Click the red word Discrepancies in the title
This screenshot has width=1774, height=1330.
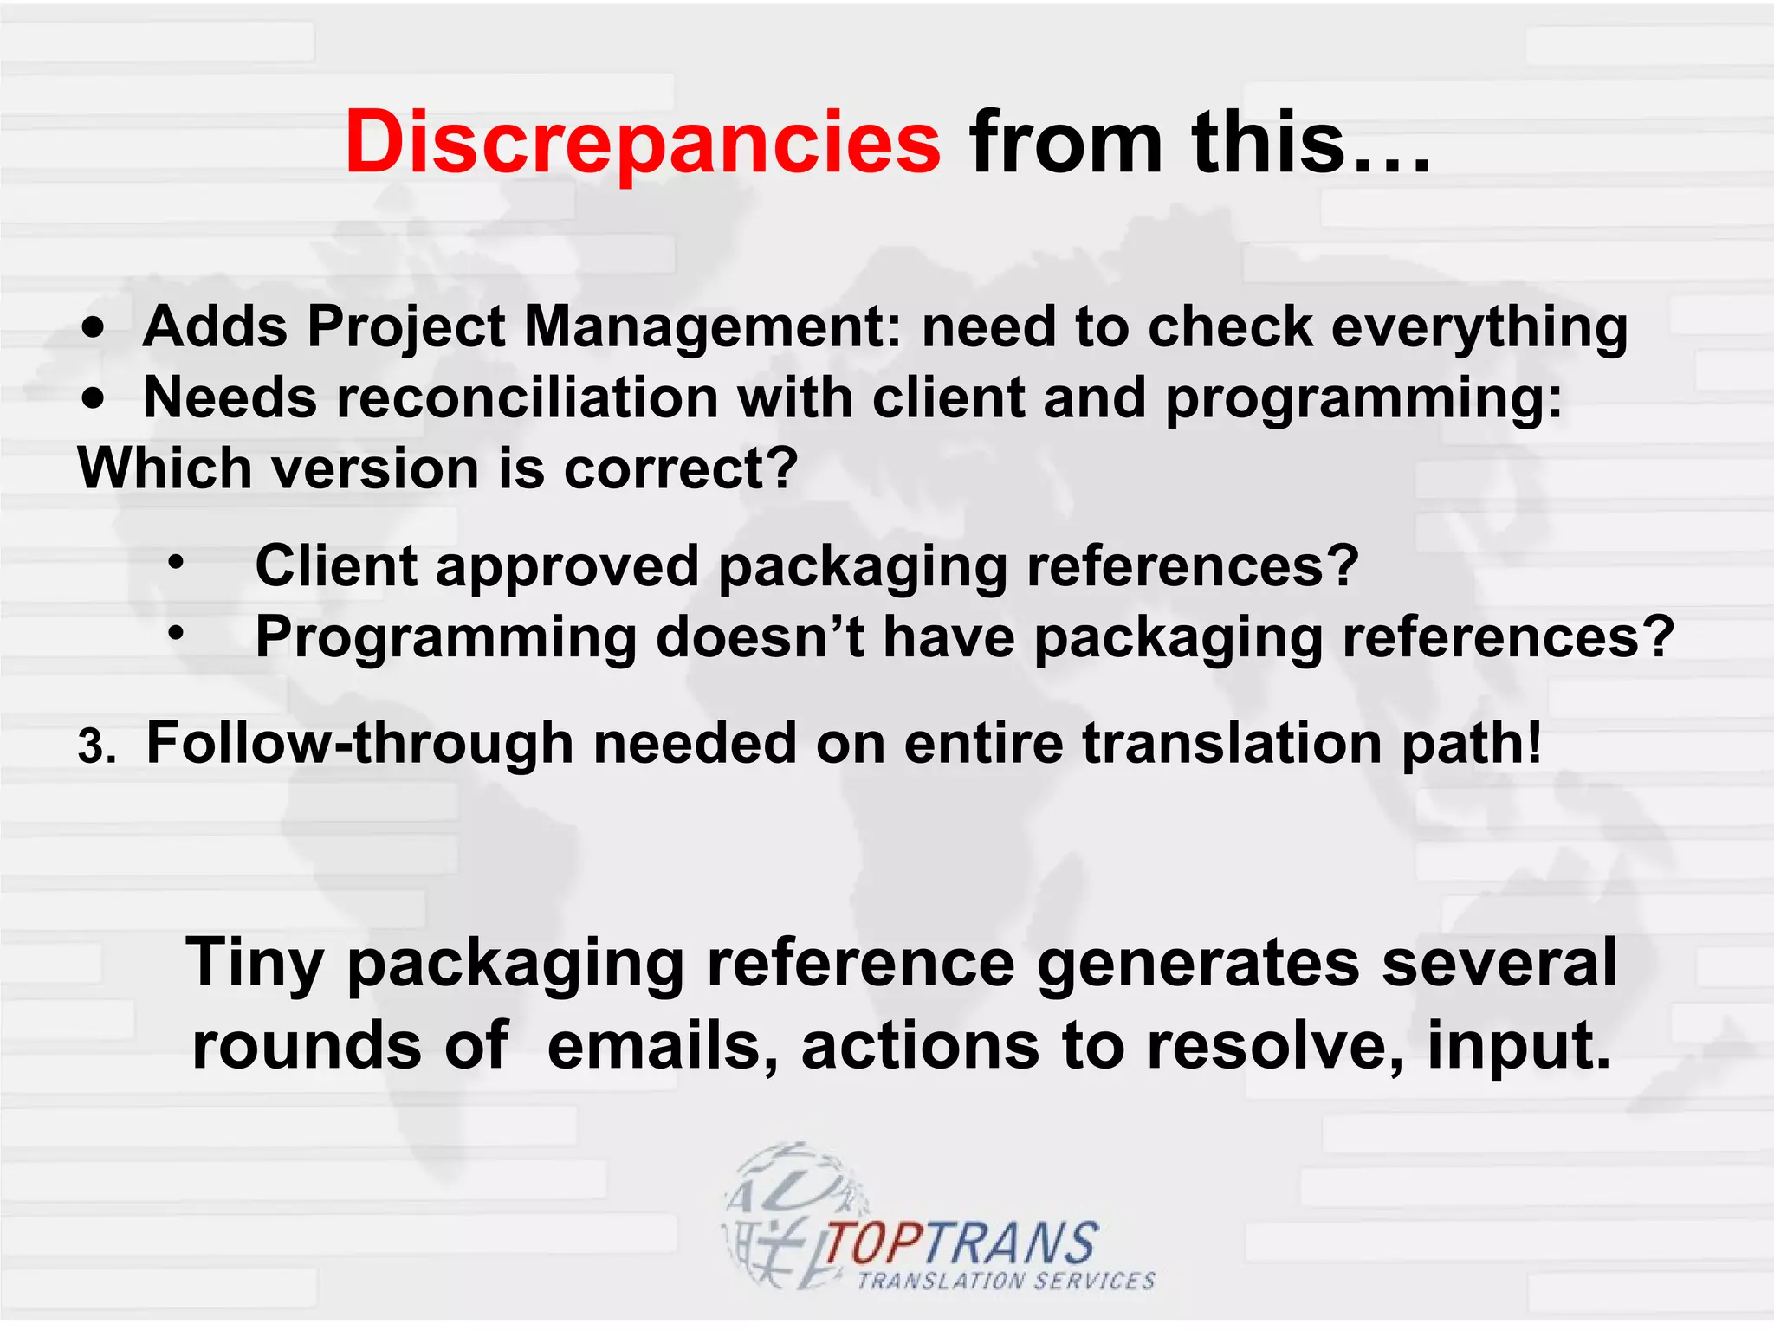point(642,143)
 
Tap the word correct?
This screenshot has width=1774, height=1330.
point(681,468)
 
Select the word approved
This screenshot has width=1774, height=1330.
point(567,567)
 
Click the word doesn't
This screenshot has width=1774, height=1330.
point(760,637)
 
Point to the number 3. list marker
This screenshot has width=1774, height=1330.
point(96,746)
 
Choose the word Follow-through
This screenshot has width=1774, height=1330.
point(359,743)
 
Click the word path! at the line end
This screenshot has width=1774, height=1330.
point(1472,743)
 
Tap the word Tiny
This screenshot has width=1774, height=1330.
point(255,964)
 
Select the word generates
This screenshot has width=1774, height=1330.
point(1198,964)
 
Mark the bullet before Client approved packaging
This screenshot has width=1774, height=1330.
point(176,564)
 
